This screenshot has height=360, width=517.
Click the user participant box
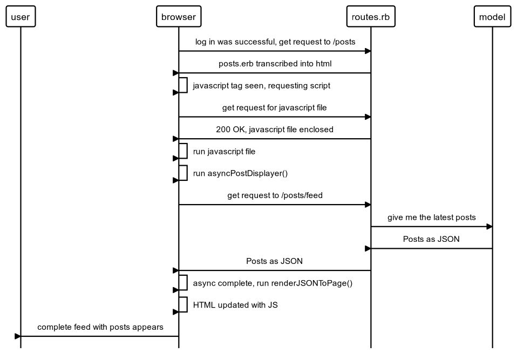pos(21,17)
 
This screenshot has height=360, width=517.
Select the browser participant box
pos(179,17)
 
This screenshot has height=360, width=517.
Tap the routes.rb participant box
pos(370,17)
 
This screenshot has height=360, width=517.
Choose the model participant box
pos(492,17)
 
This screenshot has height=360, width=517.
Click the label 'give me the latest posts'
pos(431,218)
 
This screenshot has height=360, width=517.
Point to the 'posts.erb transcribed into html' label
pos(275,64)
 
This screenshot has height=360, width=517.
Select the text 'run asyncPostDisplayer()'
pos(236,173)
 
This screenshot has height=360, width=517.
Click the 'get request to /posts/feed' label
pos(275,195)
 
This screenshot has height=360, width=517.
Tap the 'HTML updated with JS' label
pos(235,305)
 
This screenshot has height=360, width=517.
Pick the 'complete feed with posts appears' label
pos(100,327)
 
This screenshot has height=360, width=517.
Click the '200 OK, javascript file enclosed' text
pos(275,130)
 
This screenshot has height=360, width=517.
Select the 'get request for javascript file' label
pos(275,107)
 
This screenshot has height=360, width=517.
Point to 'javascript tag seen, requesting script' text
pos(261,85)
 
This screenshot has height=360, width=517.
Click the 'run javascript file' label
pos(224,152)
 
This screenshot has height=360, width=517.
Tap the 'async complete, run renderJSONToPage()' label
pos(273,283)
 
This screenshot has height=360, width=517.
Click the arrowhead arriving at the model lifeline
pos(489,227)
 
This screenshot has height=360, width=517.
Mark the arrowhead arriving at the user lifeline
pos(18,336)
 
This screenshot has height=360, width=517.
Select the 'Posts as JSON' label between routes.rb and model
pos(431,239)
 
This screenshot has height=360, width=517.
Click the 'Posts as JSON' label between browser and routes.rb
pos(275,261)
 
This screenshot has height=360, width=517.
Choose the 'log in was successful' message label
pos(275,42)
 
